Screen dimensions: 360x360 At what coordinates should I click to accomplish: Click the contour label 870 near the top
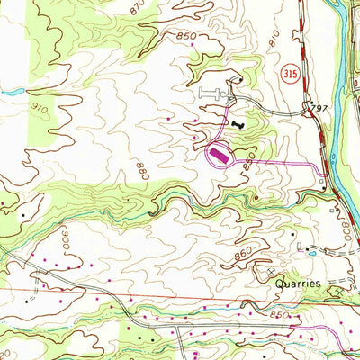coord(137,8)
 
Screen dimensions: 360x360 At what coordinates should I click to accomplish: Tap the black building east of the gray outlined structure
coord(238,123)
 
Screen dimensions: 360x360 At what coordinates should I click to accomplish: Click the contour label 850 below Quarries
coord(280,316)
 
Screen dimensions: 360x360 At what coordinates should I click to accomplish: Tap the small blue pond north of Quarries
coord(310,255)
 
